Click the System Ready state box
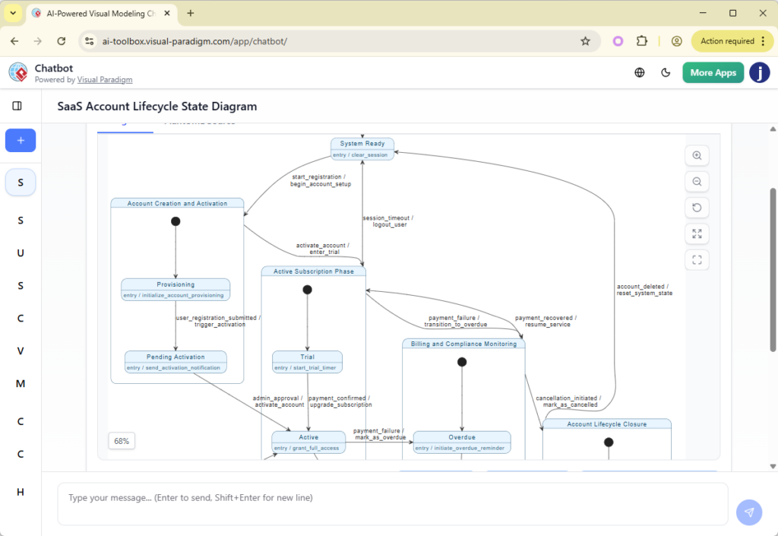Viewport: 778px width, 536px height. click(362, 148)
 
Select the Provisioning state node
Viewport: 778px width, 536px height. click(176, 289)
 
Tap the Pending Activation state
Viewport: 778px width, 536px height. click(176, 361)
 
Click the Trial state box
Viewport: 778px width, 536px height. click(307, 361)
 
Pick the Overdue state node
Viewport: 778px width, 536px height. click(461, 442)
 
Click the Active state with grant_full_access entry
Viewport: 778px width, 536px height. click(308, 442)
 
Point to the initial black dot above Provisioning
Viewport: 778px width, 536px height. click(176, 221)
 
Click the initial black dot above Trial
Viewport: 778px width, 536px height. click(307, 290)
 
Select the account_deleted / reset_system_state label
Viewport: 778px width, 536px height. click(644, 290)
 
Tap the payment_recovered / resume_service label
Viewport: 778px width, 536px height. click(546, 321)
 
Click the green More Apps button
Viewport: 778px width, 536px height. click(713, 72)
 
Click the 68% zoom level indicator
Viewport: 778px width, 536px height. click(122, 441)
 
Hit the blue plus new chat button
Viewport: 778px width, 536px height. click(21, 141)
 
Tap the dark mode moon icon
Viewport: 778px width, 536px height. click(666, 72)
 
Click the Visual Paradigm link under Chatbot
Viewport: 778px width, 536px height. click(105, 80)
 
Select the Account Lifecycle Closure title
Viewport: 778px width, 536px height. click(606, 424)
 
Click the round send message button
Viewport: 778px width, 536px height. click(749, 512)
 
